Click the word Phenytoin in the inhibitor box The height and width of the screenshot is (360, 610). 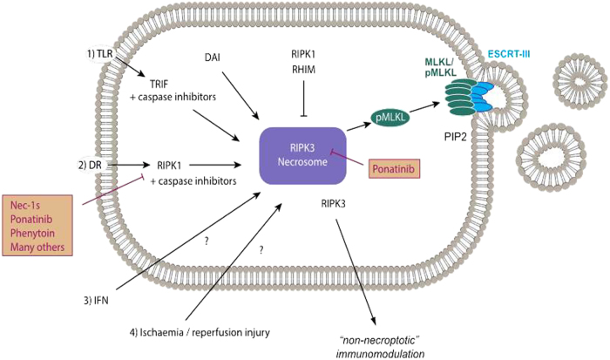click(x=38, y=234)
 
